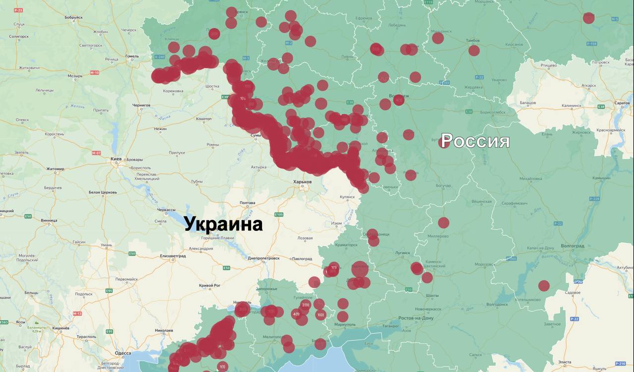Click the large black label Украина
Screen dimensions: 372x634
(x=223, y=224)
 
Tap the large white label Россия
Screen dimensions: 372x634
(x=475, y=141)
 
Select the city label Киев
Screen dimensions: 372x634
(x=116, y=159)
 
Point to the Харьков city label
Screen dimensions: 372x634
(x=302, y=182)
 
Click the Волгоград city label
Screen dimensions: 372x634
(x=573, y=246)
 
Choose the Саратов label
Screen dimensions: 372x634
(x=622, y=103)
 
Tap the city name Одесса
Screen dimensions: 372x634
(x=122, y=353)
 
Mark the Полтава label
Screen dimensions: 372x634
(x=247, y=203)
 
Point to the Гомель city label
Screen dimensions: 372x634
(x=132, y=56)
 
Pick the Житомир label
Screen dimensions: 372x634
(x=55, y=169)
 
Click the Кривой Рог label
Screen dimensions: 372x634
(x=209, y=285)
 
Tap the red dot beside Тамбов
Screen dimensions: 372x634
(x=474, y=51)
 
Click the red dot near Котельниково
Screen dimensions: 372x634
(x=544, y=286)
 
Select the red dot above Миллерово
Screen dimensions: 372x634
(x=443, y=223)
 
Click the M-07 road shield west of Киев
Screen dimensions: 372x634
(x=96, y=153)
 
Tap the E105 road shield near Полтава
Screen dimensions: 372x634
(x=279, y=214)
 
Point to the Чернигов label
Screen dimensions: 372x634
(x=141, y=106)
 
